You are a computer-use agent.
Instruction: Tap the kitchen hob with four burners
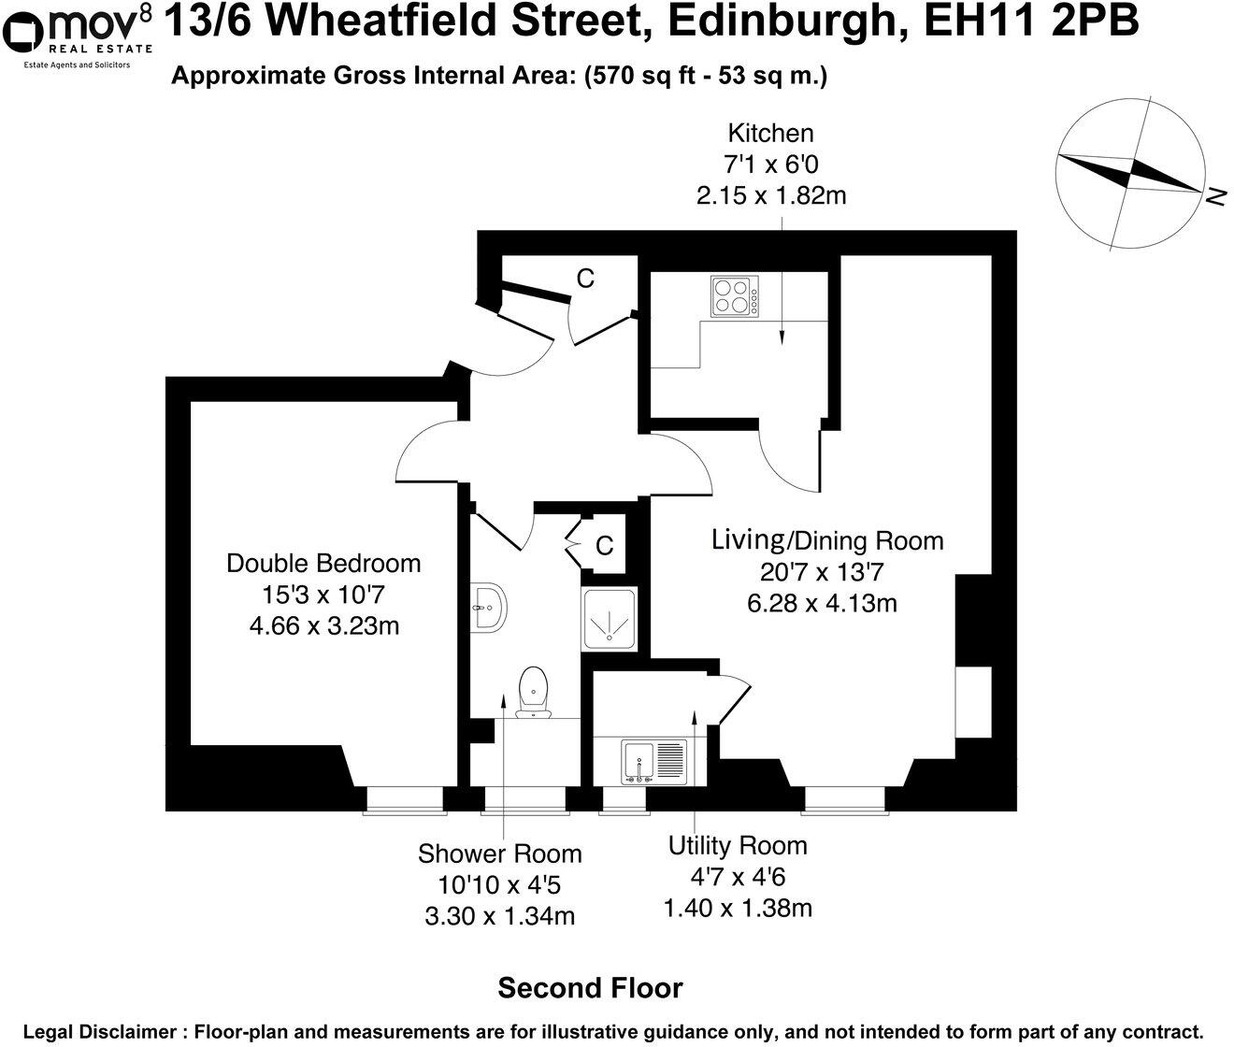[x=734, y=295]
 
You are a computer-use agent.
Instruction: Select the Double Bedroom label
[x=323, y=564]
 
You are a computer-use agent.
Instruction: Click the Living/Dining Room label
[x=827, y=540]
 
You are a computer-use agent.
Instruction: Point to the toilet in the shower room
[x=533, y=693]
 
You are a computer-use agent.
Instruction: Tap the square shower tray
[x=610, y=619]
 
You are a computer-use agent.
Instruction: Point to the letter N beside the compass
[x=1215, y=196]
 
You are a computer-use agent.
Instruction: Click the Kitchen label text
[x=770, y=133]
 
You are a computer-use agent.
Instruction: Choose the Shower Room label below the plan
[x=499, y=853]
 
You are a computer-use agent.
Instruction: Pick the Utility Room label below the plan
[x=737, y=846]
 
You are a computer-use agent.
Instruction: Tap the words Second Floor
[x=590, y=987]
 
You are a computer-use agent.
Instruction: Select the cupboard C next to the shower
[x=605, y=545]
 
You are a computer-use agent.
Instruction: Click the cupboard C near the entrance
[x=585, y=279]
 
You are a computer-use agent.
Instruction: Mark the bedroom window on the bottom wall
[x=403, y=799]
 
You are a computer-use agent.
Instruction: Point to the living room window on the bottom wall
[x=844, y=799]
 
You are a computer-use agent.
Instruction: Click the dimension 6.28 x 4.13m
[x=822, y=603]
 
